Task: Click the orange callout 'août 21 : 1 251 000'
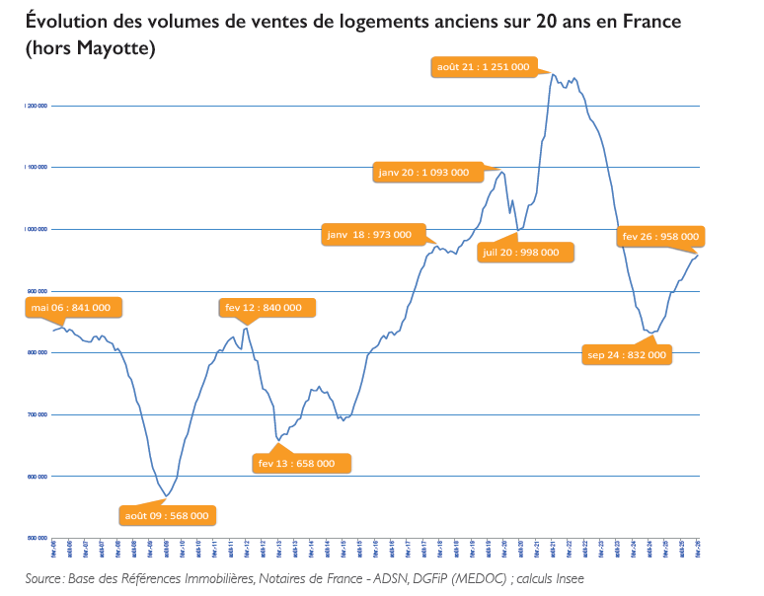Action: point(483,67)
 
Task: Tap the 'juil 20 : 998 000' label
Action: point(520,252)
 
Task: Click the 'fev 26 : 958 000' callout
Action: point(660,237)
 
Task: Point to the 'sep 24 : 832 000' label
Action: point(627,354)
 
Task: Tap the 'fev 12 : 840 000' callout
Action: point(263,308)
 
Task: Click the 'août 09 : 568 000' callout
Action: point(166,515)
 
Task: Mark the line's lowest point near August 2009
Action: point(167,496)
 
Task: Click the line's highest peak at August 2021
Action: point(553,74)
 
